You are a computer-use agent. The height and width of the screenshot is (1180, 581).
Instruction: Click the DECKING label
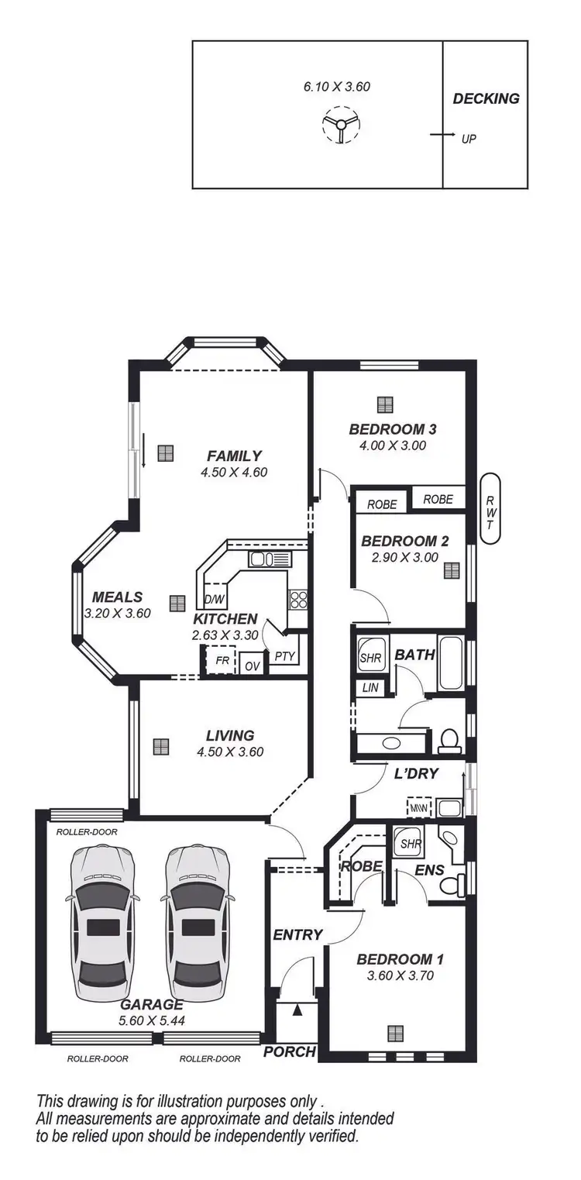coord(486,98)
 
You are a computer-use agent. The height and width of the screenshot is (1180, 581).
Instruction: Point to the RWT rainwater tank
coord(489,513)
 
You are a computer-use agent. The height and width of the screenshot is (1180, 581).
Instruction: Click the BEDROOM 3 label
coord(397,429)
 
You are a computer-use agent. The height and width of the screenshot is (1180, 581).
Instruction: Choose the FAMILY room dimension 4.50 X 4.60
coord(233,472)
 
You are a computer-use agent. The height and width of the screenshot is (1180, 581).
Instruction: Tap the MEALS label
coord(117,597)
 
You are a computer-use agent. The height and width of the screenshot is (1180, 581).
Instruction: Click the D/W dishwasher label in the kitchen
coord(214,599)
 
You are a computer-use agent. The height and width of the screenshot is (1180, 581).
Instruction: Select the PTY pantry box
coord(285,656)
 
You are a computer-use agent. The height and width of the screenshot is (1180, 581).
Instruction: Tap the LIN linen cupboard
coord(369,686)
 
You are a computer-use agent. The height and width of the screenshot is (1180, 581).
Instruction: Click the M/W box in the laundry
coord(418,808)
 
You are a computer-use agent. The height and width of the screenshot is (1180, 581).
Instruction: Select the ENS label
coord(429,870)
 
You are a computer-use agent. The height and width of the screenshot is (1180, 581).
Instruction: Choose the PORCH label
coord(290,1051)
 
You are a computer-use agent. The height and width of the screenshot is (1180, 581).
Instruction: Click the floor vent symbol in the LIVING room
coord(160,746)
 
